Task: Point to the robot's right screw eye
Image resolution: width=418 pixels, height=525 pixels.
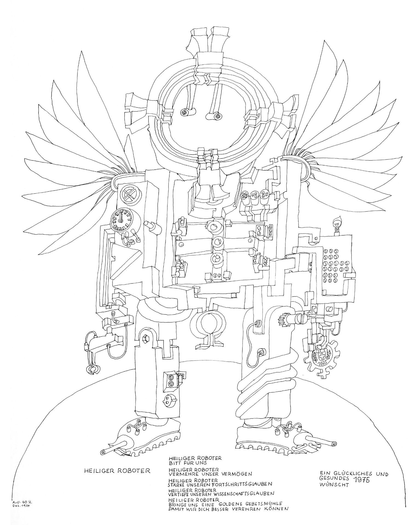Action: click(x=218, y=116)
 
